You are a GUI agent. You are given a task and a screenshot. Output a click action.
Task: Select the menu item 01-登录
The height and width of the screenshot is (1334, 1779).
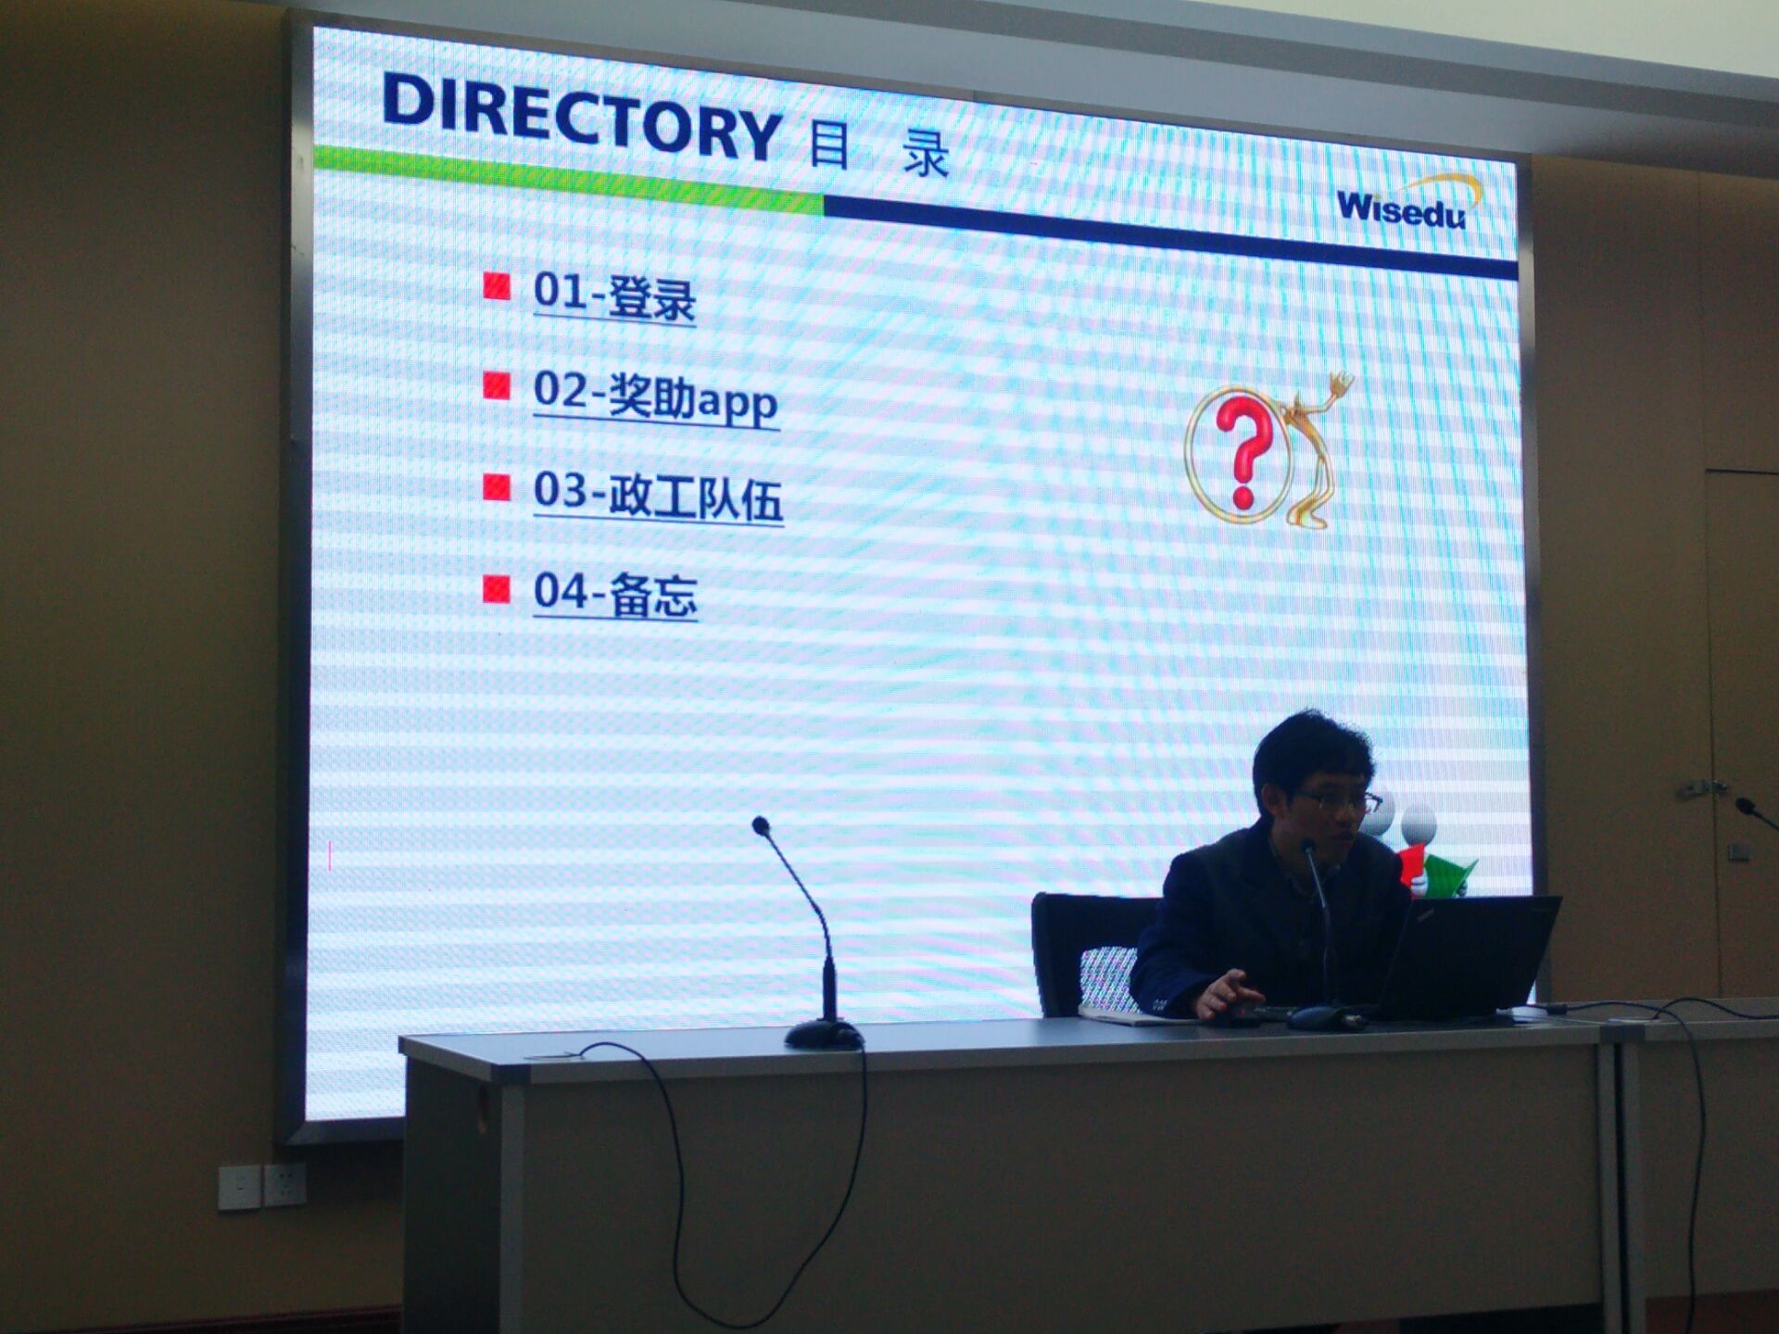(614, 296)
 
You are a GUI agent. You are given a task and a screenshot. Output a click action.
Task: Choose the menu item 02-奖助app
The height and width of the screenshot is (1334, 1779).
(656, 397)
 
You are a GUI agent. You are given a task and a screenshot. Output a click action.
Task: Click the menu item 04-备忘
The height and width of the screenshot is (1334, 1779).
(615, 593)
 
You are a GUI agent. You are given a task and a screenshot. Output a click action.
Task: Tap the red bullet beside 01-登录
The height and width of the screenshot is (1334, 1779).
(497, 286)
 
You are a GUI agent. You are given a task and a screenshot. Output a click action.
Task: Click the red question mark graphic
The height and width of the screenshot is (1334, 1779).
(1245, 452)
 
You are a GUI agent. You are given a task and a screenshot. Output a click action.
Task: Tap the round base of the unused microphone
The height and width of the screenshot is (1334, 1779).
(824, 1034)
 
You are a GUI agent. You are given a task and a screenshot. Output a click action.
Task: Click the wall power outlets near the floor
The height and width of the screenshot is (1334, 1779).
(261, 1187)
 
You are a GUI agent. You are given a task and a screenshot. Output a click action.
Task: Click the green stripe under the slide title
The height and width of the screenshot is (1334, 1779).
(568, 179)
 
